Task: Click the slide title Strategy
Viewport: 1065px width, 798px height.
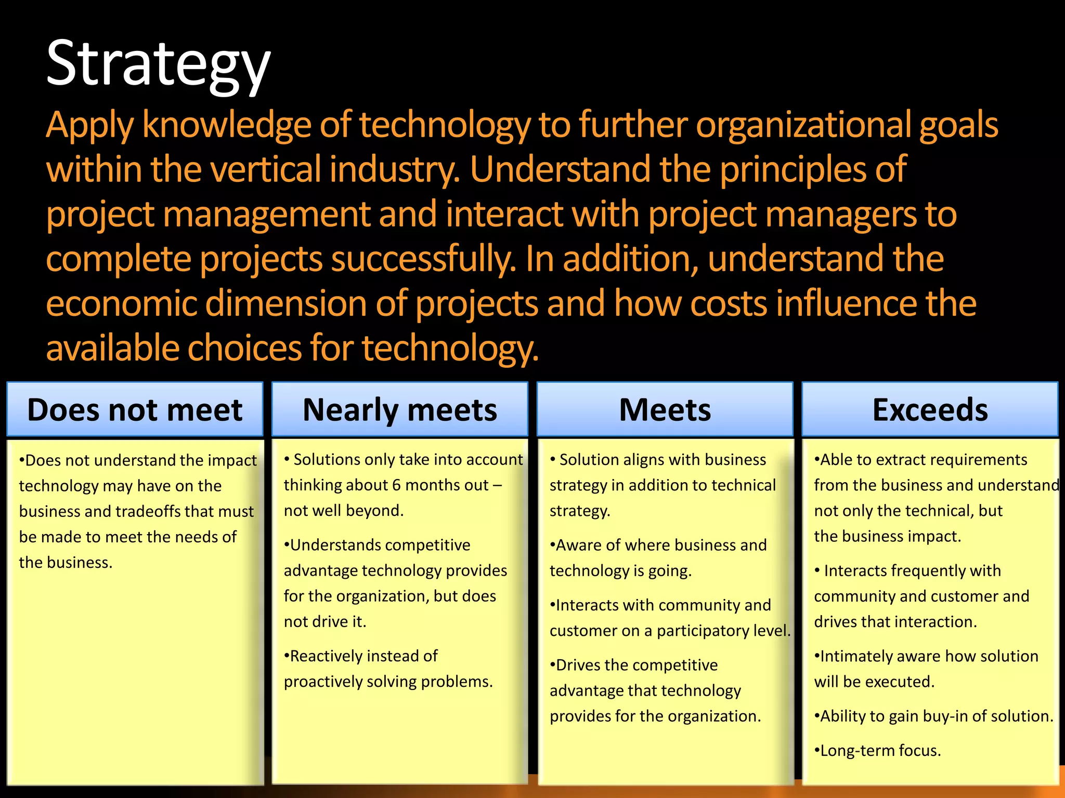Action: (x=158, y=63)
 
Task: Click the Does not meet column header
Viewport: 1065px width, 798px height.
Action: (x=135, y=410)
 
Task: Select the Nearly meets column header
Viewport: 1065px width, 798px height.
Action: (x=399, y=410)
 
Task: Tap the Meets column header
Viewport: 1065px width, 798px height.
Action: (x=665, y=410)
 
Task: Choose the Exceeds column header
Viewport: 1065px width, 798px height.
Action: (x=930, y=410)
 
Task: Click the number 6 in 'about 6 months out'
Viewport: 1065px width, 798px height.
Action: (x=396, y=485)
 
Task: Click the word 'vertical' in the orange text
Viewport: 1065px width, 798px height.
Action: (x=265, y=169)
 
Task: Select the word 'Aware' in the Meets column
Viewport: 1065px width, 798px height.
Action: (x=578, y=545)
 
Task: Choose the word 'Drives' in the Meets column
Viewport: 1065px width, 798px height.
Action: (x=577, y=665)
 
